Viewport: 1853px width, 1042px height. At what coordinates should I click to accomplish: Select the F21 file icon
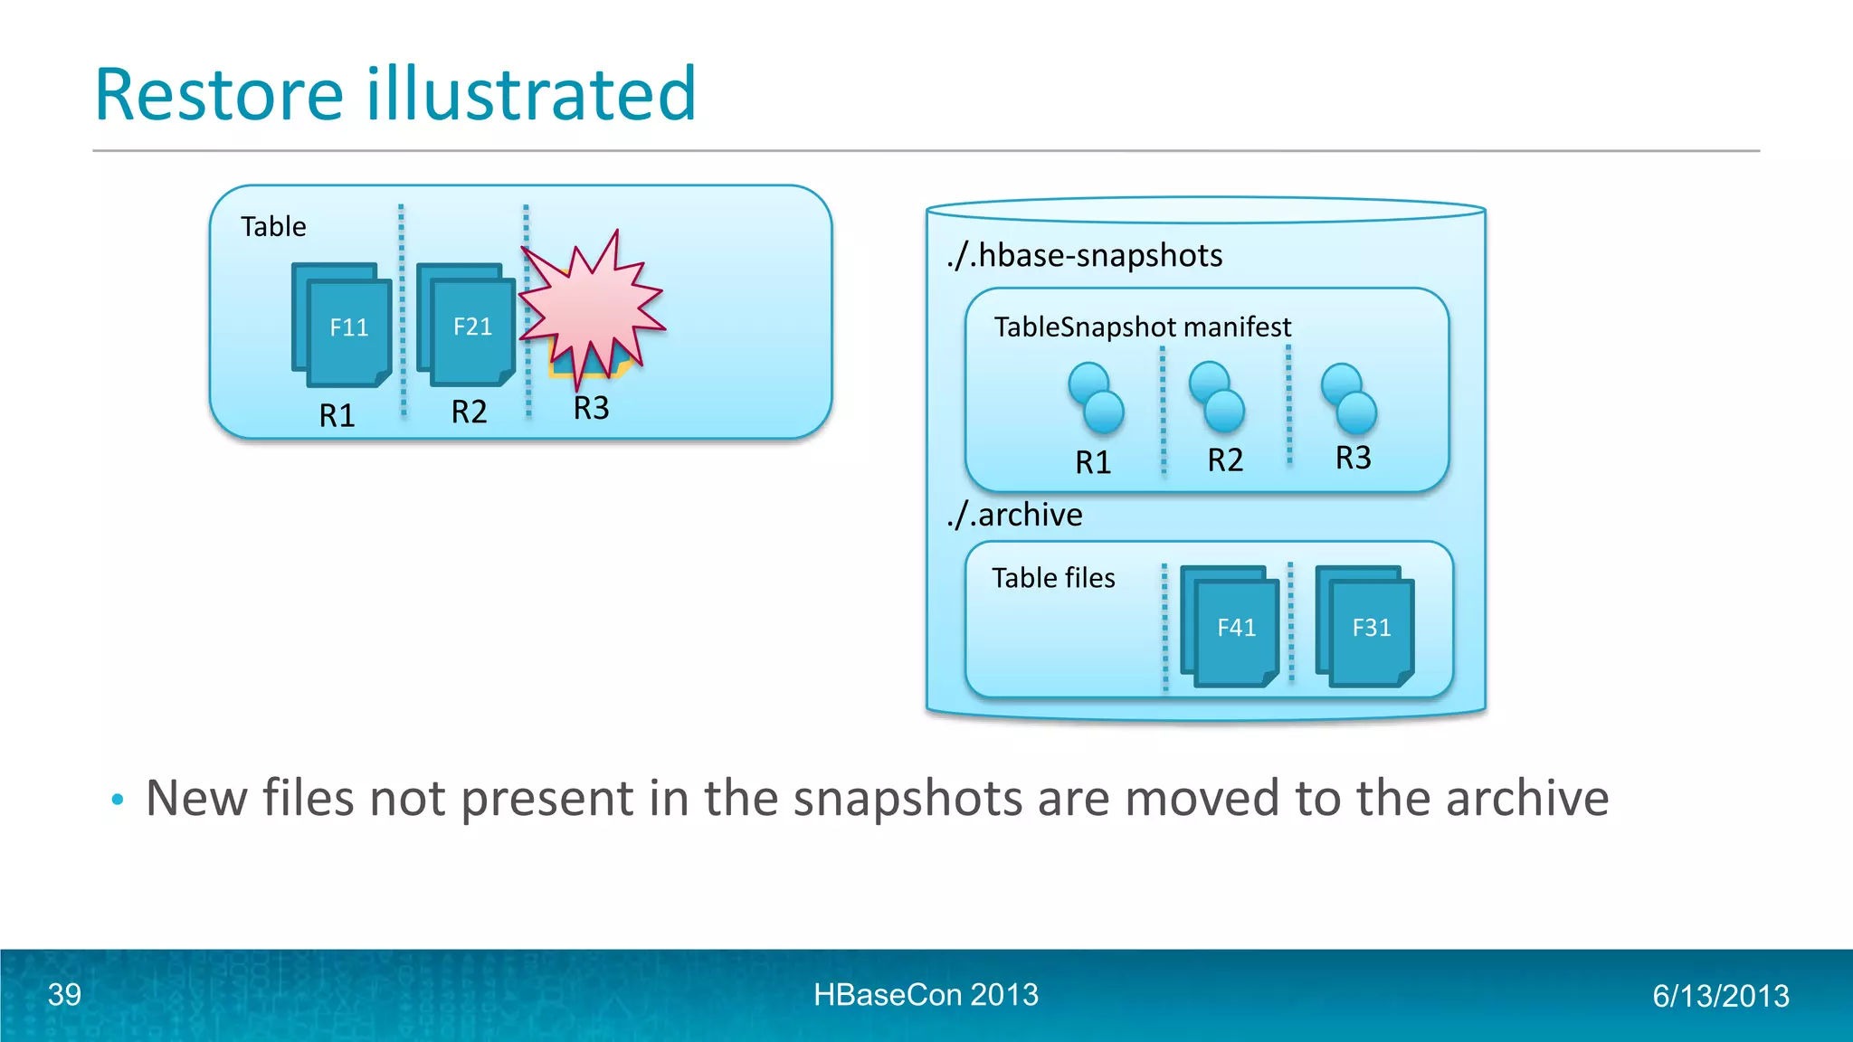point(468,326)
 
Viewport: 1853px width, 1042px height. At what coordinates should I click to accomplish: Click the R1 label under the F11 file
point(337,415)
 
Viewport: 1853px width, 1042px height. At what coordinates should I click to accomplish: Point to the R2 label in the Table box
point(469,412)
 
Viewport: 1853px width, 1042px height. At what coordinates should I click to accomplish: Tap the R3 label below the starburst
point(591,408)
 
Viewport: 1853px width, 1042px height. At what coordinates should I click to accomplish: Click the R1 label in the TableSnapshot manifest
point(1092,462)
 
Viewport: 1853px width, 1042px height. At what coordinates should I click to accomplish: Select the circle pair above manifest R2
point(1217,397)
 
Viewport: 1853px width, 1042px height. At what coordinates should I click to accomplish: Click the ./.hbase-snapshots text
point(1084,256)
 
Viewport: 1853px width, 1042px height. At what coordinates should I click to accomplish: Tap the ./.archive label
point(1014,515)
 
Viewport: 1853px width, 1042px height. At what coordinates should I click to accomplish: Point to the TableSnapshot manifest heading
point(1142,327)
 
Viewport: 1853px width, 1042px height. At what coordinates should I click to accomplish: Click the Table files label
point(1053,578)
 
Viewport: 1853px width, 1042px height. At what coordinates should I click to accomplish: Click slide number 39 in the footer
point(64,994)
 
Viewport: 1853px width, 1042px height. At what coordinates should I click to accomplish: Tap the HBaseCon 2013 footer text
point(926,994)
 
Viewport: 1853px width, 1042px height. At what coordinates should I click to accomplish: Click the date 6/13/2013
point(1720,996)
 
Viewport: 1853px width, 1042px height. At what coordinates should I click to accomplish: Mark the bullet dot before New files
point(117,800)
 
